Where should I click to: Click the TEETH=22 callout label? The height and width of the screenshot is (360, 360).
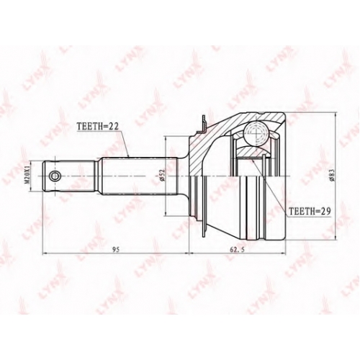pos(97,126)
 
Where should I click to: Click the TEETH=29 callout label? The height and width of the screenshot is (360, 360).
pos(310,211)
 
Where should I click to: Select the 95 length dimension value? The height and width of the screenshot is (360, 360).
pos(116,249)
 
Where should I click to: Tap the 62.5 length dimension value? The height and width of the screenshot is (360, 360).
pos(237,249)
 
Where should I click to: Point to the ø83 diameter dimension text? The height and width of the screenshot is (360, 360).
pos(332,176)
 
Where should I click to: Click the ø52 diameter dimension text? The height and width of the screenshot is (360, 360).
pos(162,176)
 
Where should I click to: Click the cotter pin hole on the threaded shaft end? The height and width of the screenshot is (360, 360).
pos(55,176)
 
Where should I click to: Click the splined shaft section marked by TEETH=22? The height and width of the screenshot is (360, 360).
pos(140,176)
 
